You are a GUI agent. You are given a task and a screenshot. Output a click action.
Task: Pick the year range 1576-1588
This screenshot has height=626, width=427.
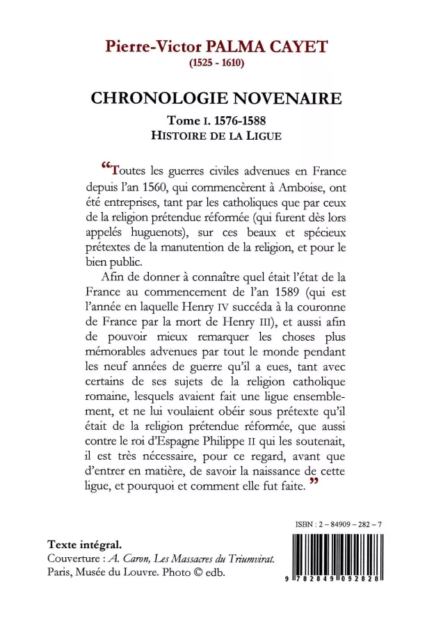click(x=234, y=120)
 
